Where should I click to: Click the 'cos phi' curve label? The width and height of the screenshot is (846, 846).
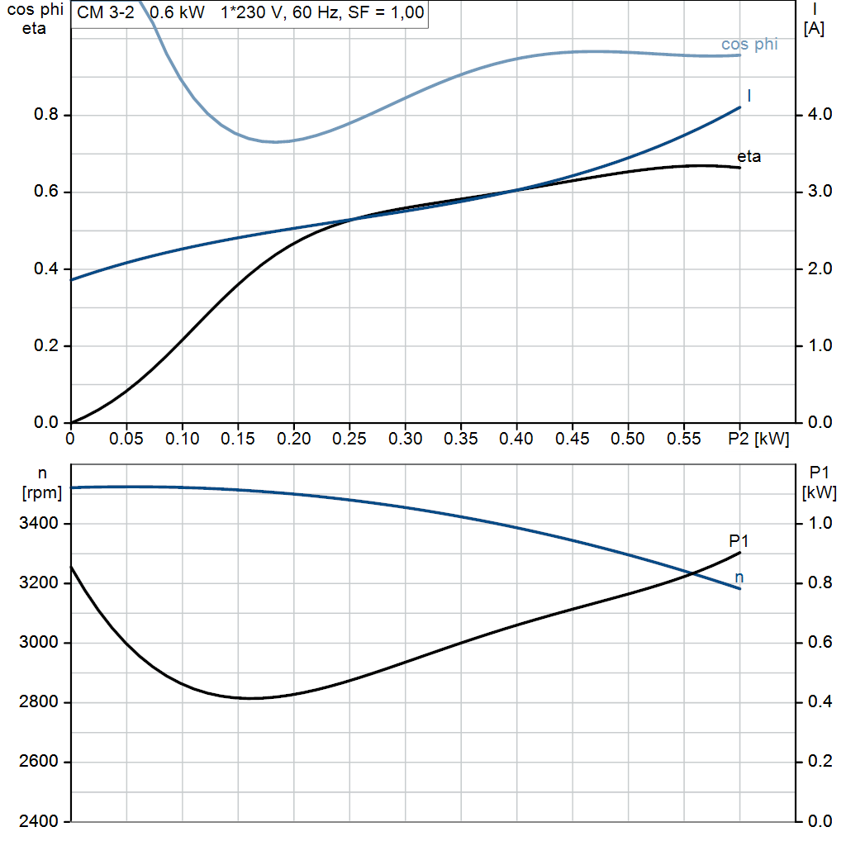pos(749,45)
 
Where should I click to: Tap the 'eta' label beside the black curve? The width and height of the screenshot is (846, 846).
pos(749,157)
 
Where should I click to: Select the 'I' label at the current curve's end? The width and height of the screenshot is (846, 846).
pos(749,97)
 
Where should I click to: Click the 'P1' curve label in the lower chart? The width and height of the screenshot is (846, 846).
pos(739,541)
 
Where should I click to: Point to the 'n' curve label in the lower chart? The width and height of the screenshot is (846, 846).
pos(739,577)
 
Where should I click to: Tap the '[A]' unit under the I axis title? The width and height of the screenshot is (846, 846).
pos(813,29)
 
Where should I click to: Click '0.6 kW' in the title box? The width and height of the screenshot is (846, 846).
pos(177,13)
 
